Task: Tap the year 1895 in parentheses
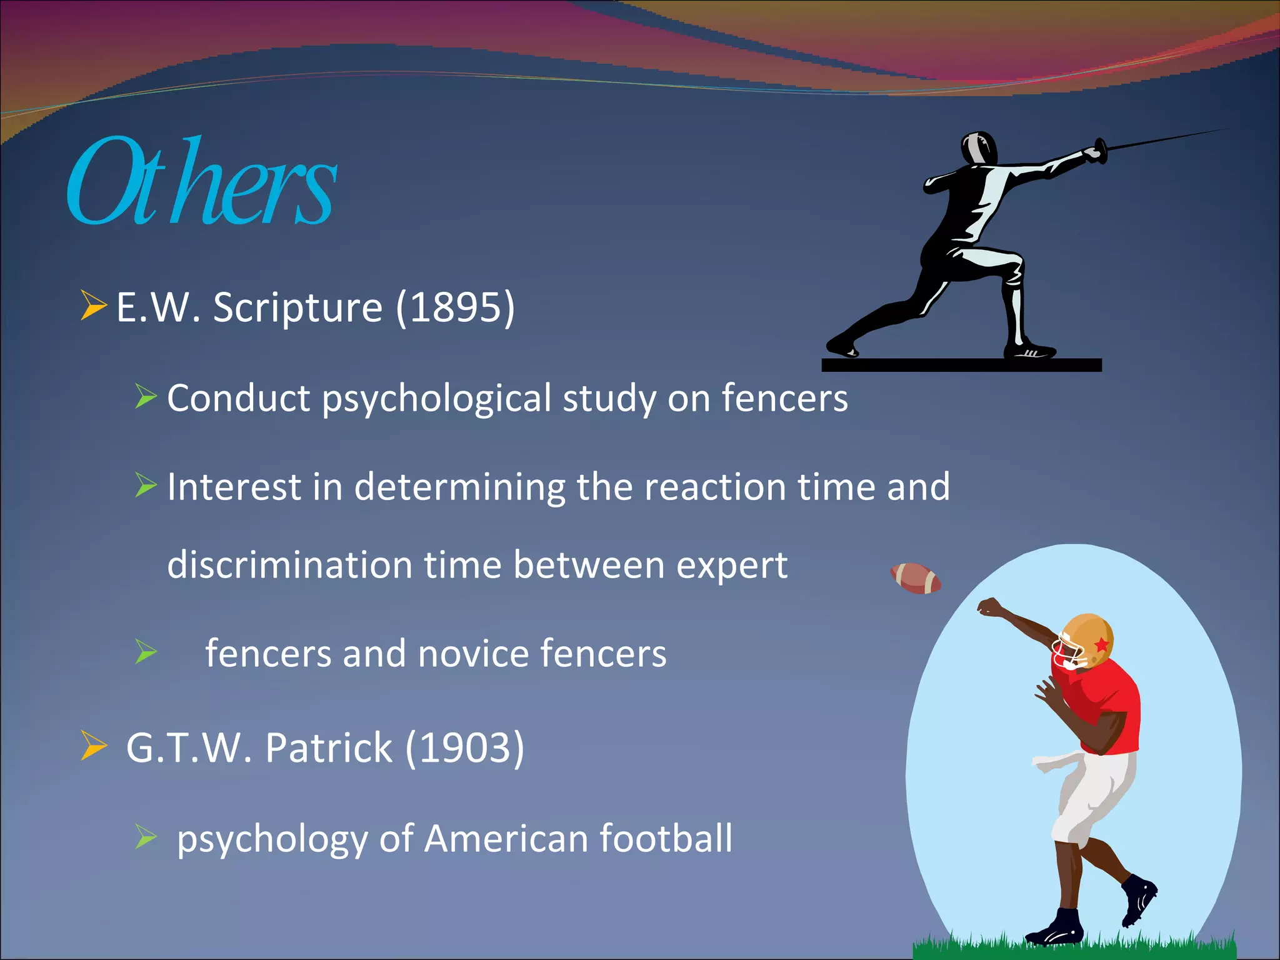click(456, 307)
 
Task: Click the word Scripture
click(297, 307)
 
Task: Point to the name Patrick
click(329, 747)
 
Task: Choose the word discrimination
click(290, 565)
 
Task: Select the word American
click(506, 838)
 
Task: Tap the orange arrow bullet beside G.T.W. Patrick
click(93, 746)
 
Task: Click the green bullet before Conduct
click(146, 397)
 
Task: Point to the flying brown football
click(916, 578)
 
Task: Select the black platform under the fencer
click(961, 365)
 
